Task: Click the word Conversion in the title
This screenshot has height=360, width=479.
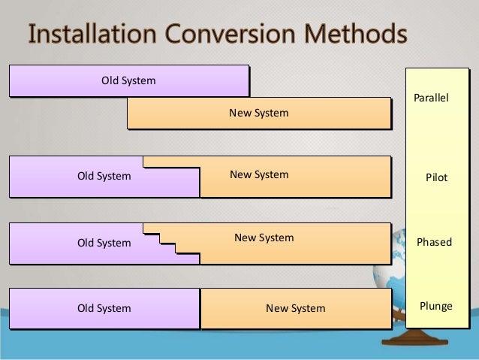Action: (223, 35)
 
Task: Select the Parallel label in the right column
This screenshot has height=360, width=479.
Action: (431, 98)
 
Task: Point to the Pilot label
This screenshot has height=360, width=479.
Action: (436, 178)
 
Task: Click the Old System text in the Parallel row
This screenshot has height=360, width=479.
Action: (128, 80)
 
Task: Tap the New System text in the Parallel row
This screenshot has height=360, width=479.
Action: (259, 113)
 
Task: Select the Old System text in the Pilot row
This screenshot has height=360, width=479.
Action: (104, 177)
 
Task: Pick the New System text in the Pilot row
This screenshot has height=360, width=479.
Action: (259, 174)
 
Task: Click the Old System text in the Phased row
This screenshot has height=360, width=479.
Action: (104, 243)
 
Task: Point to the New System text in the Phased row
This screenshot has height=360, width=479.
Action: (264, 238)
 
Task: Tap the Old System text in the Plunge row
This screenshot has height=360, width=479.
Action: (104, 308)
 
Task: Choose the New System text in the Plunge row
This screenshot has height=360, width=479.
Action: (296, 308)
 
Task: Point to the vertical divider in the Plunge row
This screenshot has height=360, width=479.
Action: (200, 308)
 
